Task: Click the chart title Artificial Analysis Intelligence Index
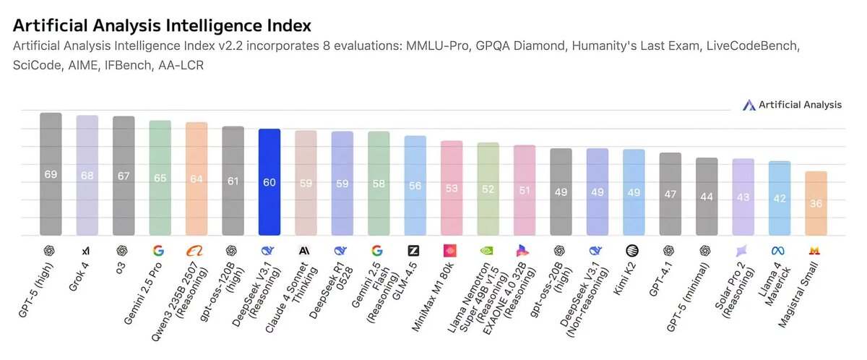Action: (x=162, y=25)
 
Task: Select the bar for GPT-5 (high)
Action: (x=51, y=173)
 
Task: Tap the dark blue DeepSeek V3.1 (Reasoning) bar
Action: (x=269, y=181)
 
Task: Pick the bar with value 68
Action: (x=87, y=175)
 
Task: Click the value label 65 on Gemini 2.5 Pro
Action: (x=160, y=179)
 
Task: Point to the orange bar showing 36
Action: (x=816, y=203)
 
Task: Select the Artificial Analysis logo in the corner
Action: (x=792, y=105)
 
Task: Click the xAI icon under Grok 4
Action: (x=87, y=251)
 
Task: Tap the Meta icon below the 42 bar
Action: (x=779, y=251)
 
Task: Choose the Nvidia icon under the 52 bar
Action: (x=488, y=251)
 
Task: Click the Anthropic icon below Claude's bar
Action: (x=306, y=251)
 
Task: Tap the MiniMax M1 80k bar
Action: (x=452, y=188)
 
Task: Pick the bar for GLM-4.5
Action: (x=415, y=185)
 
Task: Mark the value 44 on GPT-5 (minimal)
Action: (x=707, y=197)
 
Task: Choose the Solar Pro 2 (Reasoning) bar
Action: (x=743, y=197)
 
